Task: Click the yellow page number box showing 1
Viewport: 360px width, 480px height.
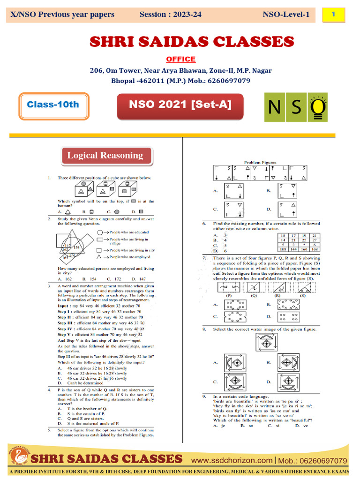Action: click(333, 15)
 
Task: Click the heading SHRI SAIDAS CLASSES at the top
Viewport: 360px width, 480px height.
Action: click(191, 42)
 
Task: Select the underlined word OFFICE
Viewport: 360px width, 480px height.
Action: click(180, 59)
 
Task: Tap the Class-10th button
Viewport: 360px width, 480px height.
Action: click(52, 105)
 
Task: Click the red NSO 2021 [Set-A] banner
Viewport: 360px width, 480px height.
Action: click(180, 105)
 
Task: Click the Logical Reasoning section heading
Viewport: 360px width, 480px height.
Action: click(105, 156)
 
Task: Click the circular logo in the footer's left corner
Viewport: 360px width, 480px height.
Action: click(16, 457)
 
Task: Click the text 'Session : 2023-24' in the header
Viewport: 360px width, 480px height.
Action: click(170, 15)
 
